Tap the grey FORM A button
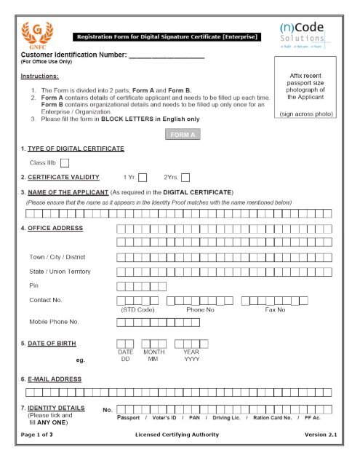click(180, 135)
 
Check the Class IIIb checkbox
click(65, 163)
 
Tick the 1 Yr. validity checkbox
click(143, 177)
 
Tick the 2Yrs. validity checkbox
click(185, 177)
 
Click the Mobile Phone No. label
click(54, 321)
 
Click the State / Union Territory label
click(60, 272)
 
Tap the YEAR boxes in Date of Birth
click(191, 343)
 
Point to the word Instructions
click(40, 76)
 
